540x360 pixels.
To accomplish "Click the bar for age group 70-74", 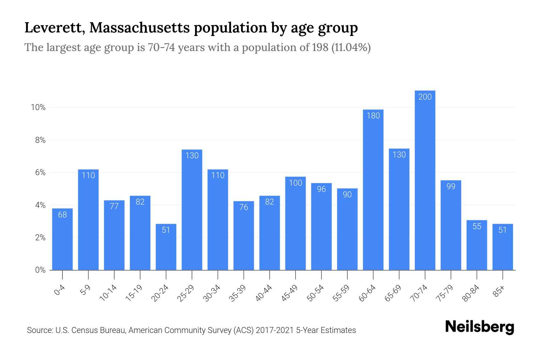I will pyautogui.click(x=425, y=180).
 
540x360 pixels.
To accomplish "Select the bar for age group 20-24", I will pyautogui.click(x=166, y=247).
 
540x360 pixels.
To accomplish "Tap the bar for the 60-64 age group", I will pyautogui.click(x=373, y=190).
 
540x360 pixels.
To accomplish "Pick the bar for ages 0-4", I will pyautogui.click(x=62, y=239).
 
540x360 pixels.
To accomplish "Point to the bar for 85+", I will pyautogui.click(x=502, y=247).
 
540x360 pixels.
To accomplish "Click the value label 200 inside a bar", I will pyautogui.click(x=425, y=97).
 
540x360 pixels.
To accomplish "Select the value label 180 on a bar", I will pyautogui.click(x=373, y=115).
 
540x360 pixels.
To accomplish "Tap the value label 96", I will pyautogui.click(x=321, y=189).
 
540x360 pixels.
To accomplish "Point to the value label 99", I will pyautogui.click(x=451, y=186).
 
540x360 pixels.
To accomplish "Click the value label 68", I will pyautogui.click(x=62, y=214).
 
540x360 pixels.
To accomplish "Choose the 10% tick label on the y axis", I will pyautogui.click(x=38, y=107).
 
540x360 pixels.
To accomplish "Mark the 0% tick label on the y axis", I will pyautogui.click(x=40, y=270).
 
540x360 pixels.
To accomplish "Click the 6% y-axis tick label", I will pyautogui.click(x=40, y=172).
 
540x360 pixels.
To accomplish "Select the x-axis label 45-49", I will pyautogui.click(x=289, y=293).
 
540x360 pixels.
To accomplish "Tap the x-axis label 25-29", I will pyautogui.click(x=186, y=293).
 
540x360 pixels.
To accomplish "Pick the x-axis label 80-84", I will pyautogui.click(x=471, y=293).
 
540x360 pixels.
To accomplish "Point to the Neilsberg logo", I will pyautogui.click(x=479, y=327).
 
